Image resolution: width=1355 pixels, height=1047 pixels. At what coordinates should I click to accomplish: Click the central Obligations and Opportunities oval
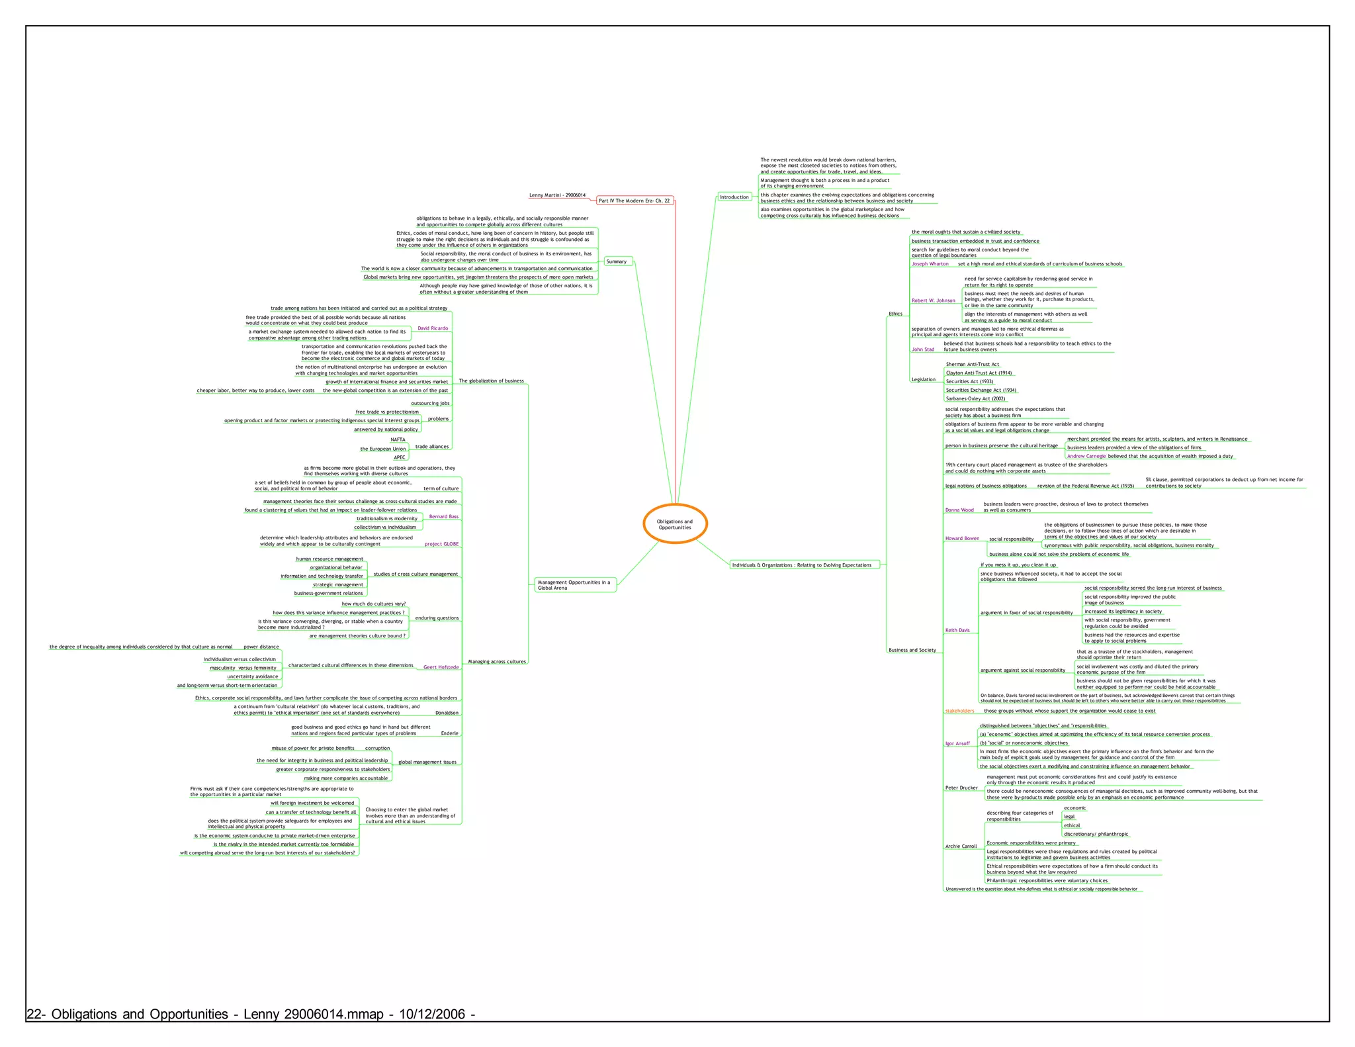pyautogui.click(x=675, y=524)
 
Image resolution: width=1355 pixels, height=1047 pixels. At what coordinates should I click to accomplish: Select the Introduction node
pyautogui.click(x=734, y=197)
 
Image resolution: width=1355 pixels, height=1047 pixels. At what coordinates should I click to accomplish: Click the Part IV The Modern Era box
pyautogui.click(x=634, y=201)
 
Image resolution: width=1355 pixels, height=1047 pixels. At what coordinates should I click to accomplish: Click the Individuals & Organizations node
pyautogui.click(x=802, y=565)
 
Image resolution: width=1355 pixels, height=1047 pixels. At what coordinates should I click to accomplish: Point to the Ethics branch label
pyautogui.click(x=895, y=314)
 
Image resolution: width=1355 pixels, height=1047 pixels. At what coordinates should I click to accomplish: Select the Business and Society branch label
pyautogui.click(x=912, y=650)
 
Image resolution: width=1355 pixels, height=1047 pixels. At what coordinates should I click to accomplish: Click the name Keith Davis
pyautogui.click(x=957, y=630)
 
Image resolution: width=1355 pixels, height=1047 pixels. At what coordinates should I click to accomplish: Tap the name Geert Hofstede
pyautogui.click(x=441, y=667)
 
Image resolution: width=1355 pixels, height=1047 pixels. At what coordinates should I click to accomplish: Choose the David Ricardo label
pyautogui.click(x=433, y=328)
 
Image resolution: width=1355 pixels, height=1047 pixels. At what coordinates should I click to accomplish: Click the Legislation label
pyautogui.click(x=923, y=380)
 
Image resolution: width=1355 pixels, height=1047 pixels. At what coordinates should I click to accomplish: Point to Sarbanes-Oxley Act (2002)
pyautogui.click(x=975, y=399)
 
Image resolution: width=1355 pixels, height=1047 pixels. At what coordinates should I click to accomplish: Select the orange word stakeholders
pyautogui.click(x=959, y=711)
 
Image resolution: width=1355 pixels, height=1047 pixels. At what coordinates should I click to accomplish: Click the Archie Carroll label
pyautogui.click(x=961, y=846)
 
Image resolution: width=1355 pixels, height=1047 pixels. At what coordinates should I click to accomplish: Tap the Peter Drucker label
pyautogui.click(x=961, y=788)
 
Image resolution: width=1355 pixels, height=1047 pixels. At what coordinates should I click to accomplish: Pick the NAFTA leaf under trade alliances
pyautogui.click(x=398, y=439)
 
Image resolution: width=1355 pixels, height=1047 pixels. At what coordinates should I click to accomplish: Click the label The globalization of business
pyautogui.click(x=491, y=381)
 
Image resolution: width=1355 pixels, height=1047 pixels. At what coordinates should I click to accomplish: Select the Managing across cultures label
pyautogui.click(x=497, y=662)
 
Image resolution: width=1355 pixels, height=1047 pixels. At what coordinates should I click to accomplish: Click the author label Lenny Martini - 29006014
pyautogui.click(x=557, y=195)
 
